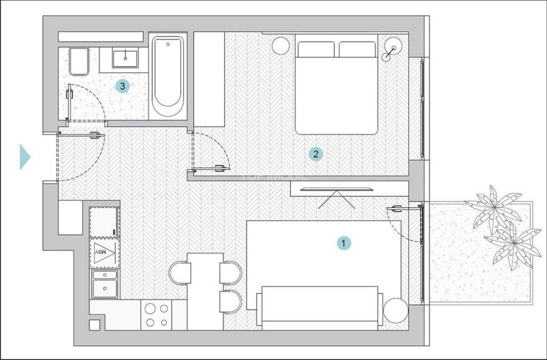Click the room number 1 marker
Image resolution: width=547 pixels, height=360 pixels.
344,243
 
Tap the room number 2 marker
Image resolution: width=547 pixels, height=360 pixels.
314,153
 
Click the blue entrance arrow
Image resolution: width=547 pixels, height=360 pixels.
25,157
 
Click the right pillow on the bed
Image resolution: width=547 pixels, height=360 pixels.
357,50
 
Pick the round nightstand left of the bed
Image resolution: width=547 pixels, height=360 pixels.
280,45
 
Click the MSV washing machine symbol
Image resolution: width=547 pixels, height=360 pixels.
104,253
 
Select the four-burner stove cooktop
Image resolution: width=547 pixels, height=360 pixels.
157,315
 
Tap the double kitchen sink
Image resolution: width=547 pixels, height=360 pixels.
104,284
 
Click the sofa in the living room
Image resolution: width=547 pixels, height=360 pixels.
320,307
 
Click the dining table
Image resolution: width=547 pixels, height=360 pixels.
204,291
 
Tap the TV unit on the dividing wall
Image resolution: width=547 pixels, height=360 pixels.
331,189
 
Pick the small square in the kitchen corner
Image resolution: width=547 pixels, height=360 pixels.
95,324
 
